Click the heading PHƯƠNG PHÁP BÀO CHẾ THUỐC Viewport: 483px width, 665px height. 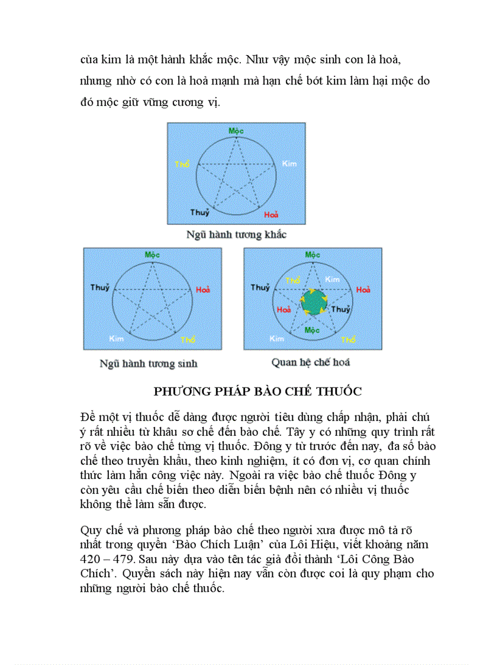pyautogui.click(x=257, y=391)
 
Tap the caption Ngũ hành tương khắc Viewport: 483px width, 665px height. pyautogui.click(x=236, y=234)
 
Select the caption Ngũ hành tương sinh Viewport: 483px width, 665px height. pyautogui.click(x=148, y=363)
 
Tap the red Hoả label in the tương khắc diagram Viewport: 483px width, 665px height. pyautogui.click(x=271, y=214)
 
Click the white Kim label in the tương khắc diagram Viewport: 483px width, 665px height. pyautogui.click(x=289, y=163)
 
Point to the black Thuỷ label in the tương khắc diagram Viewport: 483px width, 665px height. pyautogui.click(x=199, y=212)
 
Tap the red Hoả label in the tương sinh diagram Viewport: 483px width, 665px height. pyautogui.click(x=202, y=290)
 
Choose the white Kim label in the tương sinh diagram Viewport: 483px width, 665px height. pyautogui.click(x=116, y=338)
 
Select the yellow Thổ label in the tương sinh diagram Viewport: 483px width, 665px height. pyautogui.click(x=188, y=339)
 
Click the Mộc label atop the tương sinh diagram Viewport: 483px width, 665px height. pyautogui.click(x=153, y=254)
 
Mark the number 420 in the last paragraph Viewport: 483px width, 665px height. pyautogui.click(x=90, y=559)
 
